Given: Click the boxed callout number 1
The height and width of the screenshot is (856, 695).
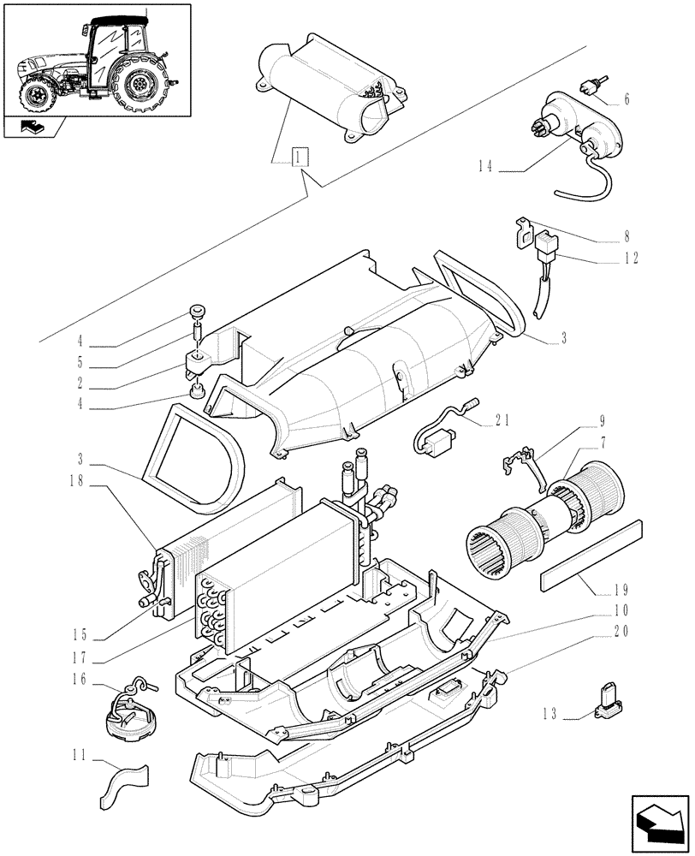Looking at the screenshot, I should point(299,158).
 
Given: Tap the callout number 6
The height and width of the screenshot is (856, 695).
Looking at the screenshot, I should point(627,99).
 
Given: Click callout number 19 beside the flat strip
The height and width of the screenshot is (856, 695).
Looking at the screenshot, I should point(622,590).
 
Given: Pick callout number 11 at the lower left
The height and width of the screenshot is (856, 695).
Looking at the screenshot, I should point(80,756).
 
